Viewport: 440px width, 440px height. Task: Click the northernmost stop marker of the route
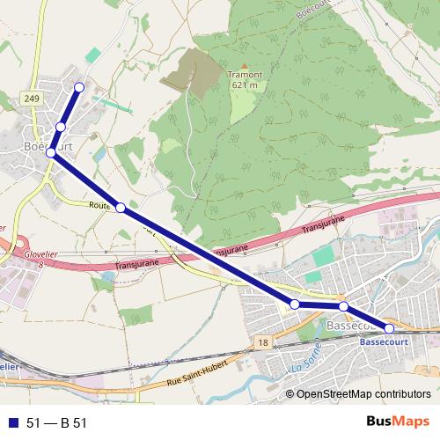click(x=79, y=86)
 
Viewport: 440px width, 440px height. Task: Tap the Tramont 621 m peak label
click(x=246, y=80)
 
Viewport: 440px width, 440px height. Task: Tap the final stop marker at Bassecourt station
click(x=390, y=328)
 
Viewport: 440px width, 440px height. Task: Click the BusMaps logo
click(x=392, y=422)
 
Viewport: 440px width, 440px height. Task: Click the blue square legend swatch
click(x=12, y=423)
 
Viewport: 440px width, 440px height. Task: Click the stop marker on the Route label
click(x=121, y=209)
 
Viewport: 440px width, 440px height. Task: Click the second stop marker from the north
click(x=61, y=128)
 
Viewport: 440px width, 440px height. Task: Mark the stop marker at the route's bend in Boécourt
click(x=51, y=153)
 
